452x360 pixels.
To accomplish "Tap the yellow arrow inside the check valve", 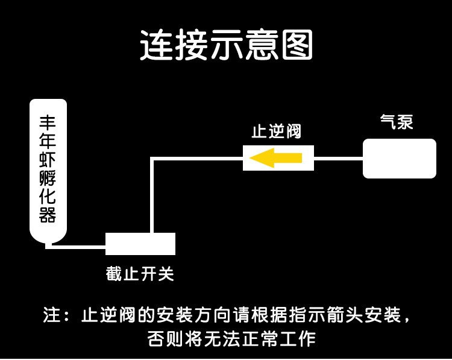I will tap(276, 158).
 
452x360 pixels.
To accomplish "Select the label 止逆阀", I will tap(275, 132).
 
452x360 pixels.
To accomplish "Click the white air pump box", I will tap(399, 159).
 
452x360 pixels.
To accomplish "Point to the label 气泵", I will tap(396, 122).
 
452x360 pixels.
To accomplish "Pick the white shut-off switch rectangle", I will tap(140, 244).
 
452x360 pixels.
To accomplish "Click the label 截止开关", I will tap(140, 274).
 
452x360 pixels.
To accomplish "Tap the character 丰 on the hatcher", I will tap(48, 122).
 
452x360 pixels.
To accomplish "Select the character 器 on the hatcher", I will tap(48, 214).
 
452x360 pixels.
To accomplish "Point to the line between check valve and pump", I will tap(338, 159).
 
